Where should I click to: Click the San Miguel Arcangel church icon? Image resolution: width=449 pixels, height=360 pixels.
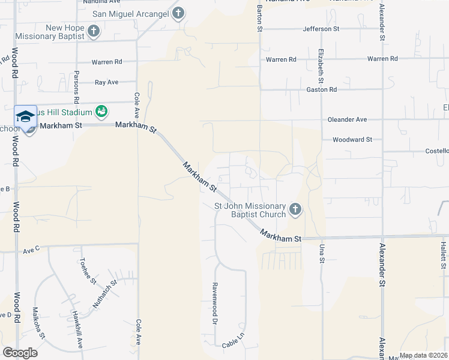[x=178, y=13]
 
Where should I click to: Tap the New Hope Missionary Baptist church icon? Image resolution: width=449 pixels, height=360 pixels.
[x=93, y=31]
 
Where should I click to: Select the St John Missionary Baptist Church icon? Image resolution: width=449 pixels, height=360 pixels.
[x=294, y=209]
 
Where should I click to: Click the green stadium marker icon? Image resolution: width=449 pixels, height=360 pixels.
[x=101, y=112]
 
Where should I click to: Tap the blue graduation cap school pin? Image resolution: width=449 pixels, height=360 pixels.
[x=26, y=116]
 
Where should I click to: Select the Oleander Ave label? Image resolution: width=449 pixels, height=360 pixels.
[x=347, y=119]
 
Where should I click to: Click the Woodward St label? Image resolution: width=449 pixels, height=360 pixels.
[x=352, y=139]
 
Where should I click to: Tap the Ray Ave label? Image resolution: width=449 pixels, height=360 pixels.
[x=107, y=82]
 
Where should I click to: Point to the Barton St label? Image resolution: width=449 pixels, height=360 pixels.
[x=260, y=19]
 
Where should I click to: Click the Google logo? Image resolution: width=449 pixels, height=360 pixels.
[x=20, y=353]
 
